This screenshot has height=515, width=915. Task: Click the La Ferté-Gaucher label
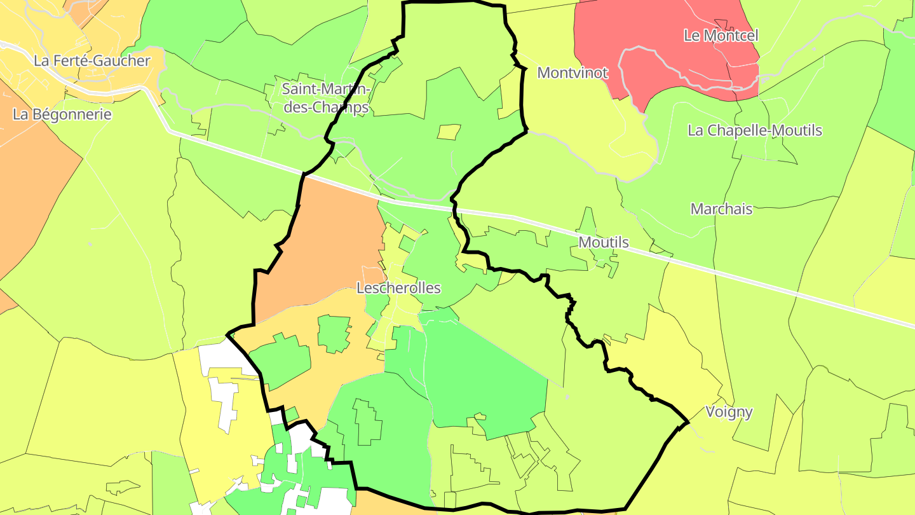pyautogui.click(x=92, y=61)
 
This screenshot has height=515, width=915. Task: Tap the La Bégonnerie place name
pyautogui.click(x=62, y=114)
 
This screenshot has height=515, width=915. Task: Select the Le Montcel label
pyautogui.click(x=721, y=36)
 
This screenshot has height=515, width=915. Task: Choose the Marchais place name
pyautogui.click(x=721, y=209)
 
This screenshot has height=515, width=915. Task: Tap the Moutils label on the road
pyautogui.click(x=603, y=242)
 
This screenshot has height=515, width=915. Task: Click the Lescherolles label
pyautogui.click(x=398, y=288)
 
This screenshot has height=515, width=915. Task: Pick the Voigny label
pyautogui.click(x=729, y=412)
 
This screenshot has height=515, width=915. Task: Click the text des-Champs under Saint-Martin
pyautogui.click(x=326, y=107)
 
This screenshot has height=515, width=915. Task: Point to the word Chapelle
pyautogui.click(x=740, y=130)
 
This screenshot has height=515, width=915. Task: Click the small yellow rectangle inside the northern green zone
pyautogui.click(x=448, y=132)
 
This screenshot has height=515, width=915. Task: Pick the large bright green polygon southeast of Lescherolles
pyautogui.click(x=483, y=375)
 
